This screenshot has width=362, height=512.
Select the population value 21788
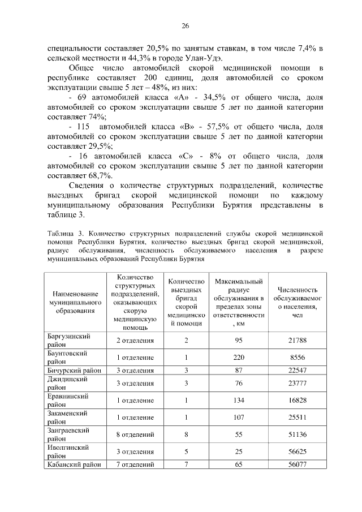pos(297,340)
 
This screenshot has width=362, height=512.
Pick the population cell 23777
pos(297,383)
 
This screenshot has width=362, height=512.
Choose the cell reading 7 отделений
pos(135,465)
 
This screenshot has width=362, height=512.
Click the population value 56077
pos(297,465)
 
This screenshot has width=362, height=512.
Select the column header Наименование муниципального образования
pos(75,302)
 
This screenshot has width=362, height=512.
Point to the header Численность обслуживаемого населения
pos(297,302)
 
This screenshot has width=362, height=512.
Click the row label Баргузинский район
pos(68,340)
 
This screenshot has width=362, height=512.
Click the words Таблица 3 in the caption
pos(66,233)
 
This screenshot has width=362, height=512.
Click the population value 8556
pos(297,358)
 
